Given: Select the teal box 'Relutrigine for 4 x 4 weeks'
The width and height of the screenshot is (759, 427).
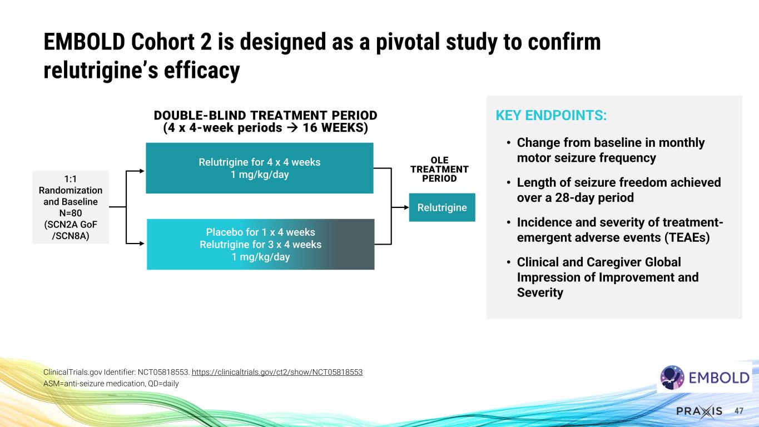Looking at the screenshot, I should pos(259,168).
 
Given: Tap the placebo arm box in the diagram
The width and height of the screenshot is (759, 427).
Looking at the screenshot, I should pos(260,245).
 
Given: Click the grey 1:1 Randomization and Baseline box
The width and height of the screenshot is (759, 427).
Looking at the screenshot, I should pos(71,207).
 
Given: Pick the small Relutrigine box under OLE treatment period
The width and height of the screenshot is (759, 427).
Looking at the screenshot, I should pos(442,207).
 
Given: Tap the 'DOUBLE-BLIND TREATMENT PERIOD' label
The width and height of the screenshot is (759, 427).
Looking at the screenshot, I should pos(265,115).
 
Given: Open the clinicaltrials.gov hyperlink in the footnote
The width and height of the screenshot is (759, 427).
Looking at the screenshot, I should pos(277,371).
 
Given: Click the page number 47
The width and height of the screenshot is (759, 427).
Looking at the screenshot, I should pos(739,411).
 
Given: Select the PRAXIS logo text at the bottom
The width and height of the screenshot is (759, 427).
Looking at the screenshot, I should pos(699,411).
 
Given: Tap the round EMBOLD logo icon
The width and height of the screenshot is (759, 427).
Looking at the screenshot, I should pos(672,378).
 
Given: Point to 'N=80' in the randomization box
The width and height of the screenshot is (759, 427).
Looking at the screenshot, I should pos(71,212).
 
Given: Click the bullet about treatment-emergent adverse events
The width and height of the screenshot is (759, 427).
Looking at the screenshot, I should pos(619,230).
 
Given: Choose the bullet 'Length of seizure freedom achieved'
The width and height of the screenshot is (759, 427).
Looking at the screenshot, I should pos(618,190).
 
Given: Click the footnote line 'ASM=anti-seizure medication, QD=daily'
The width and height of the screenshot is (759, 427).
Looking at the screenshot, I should pos(111,383).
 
